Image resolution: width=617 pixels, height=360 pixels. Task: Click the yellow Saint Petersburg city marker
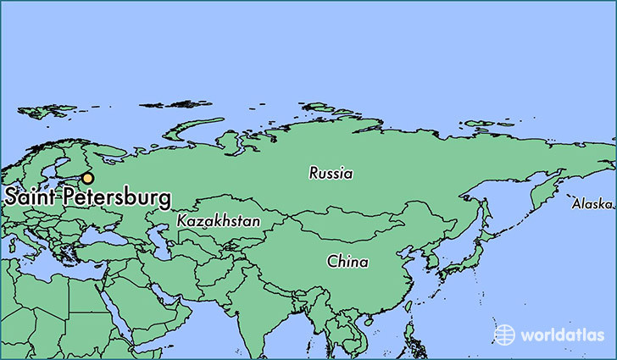point(87,178)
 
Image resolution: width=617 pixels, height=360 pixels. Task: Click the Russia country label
point(331,174)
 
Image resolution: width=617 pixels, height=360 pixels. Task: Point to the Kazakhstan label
point(219,220)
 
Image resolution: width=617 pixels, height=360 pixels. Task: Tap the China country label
point(347,262)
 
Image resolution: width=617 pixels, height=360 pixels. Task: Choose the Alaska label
point(592,204)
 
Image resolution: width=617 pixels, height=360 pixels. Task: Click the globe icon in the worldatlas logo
point(504,334)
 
